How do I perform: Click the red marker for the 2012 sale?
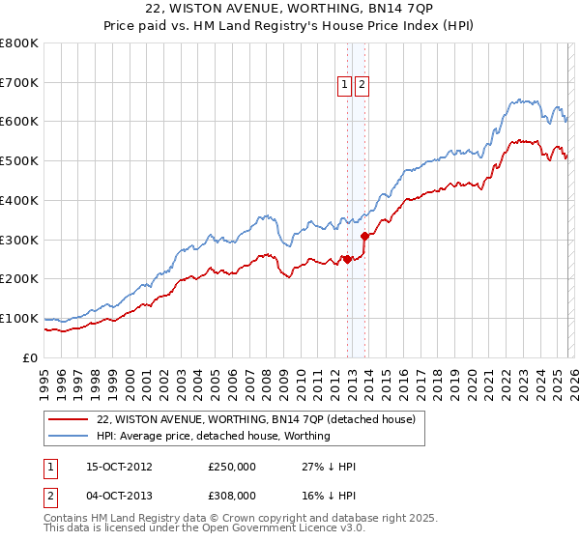[x=347, y=259]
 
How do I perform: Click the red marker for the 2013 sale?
[x=364, y=236]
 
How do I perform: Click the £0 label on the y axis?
[x=29, y=357]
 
